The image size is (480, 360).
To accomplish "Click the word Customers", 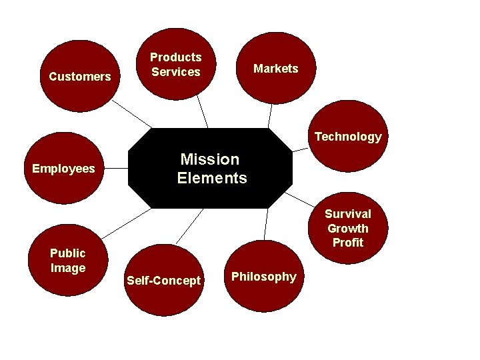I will point(80,77).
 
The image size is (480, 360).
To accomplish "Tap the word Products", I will point(175,58).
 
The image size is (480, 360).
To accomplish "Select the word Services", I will point(175,72).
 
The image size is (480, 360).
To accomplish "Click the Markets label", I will point(276,69).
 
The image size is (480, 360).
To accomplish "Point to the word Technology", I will point(348,137).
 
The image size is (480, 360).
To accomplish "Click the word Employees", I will point(63,169).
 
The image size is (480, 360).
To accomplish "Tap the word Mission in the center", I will point(209,159).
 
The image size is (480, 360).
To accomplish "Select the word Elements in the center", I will point(212,178).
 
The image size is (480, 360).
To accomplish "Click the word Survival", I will point(348,214).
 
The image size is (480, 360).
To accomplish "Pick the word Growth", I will point(348,228).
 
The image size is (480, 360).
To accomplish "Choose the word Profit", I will point(348,243).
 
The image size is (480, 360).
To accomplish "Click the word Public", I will point(68,253).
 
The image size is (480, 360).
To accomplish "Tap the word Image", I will point(68,268).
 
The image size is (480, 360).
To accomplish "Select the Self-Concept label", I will point(163,281).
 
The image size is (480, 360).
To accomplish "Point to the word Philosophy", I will point(264,277).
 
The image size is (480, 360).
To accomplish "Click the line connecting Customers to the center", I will point(132,114).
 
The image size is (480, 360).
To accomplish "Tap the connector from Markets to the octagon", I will point(270,116).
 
